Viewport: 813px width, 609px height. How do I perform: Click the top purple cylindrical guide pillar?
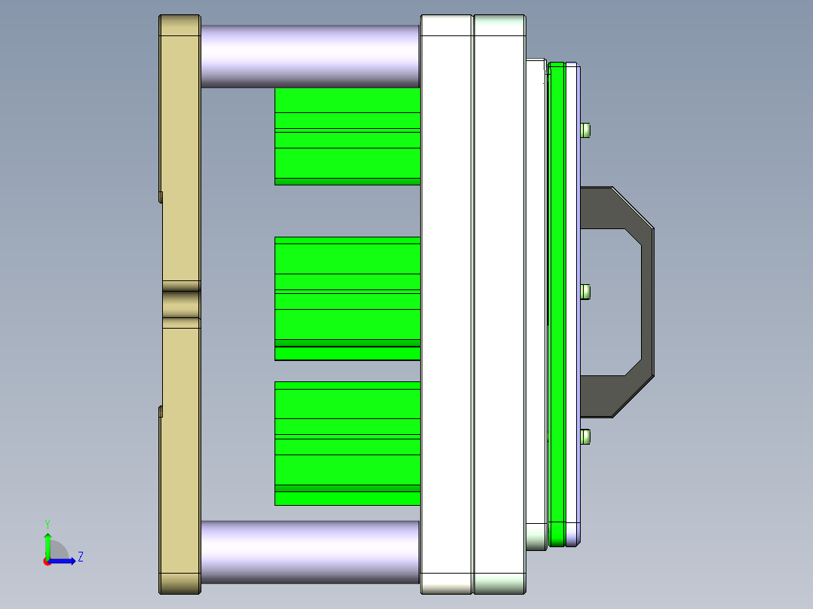coord(309,56)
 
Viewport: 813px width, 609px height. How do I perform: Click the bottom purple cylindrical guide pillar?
coord(309,552)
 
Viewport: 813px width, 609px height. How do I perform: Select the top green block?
coord(347,136)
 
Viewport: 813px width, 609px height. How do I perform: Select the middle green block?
coord(347,298)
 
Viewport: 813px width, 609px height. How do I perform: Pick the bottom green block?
coord(347,443)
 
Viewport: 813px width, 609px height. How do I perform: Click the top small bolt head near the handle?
coord(586,130)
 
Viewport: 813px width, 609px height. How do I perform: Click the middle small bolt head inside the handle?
coord(586,292)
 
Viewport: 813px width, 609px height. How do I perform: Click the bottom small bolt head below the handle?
coord(586,436)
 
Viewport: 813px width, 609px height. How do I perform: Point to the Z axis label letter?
coord(80,557)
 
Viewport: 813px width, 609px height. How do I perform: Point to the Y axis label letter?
coord(47,523)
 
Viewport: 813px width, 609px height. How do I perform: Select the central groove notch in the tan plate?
coord(180,304)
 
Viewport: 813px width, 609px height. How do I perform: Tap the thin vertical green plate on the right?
coord(557,301)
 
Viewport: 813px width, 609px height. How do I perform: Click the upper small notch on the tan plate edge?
coord(161,197)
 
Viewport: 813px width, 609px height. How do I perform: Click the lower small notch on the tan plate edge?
coord(161,411)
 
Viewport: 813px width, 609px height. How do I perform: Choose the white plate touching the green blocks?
coord(446,301)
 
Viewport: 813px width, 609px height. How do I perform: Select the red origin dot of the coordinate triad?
coord(47,562)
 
